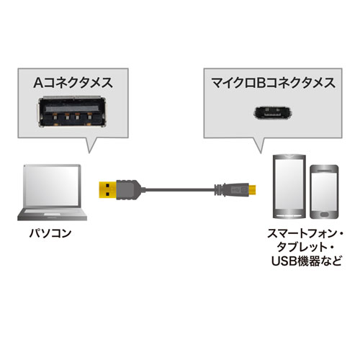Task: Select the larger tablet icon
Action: pos(289,189)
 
